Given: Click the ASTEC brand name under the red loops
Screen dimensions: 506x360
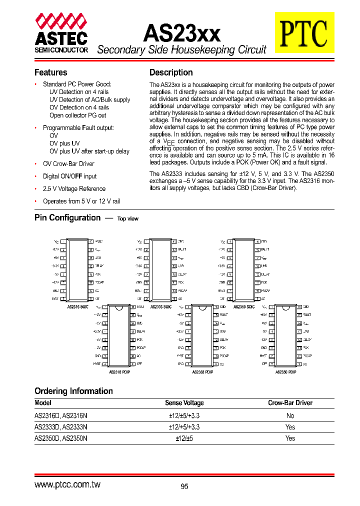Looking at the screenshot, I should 61,38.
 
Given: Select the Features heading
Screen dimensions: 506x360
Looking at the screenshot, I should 50,72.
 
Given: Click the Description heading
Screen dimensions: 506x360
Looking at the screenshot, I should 171,72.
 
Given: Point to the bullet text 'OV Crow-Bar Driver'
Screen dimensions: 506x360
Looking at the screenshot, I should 68,164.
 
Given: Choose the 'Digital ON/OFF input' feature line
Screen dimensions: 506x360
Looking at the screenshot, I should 69,176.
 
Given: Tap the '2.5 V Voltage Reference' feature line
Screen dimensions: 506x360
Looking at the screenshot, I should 74,189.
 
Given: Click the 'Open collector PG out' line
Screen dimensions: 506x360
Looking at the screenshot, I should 77,115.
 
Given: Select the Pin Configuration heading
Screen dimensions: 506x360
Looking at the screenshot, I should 67,217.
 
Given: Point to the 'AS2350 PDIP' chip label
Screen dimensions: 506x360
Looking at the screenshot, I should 285,372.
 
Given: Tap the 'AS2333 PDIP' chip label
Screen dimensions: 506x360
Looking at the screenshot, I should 203,372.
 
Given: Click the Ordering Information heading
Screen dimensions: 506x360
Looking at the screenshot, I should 73,391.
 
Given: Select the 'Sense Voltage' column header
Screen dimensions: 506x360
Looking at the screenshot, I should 184,403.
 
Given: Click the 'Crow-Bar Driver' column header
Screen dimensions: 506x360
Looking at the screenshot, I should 290,403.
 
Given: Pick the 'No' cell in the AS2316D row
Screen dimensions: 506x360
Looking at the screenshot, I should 290,415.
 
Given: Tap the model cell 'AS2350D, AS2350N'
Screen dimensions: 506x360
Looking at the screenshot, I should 60,438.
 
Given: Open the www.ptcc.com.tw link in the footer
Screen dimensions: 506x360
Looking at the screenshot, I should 67,485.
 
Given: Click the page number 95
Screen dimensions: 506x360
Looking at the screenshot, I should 184,486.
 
